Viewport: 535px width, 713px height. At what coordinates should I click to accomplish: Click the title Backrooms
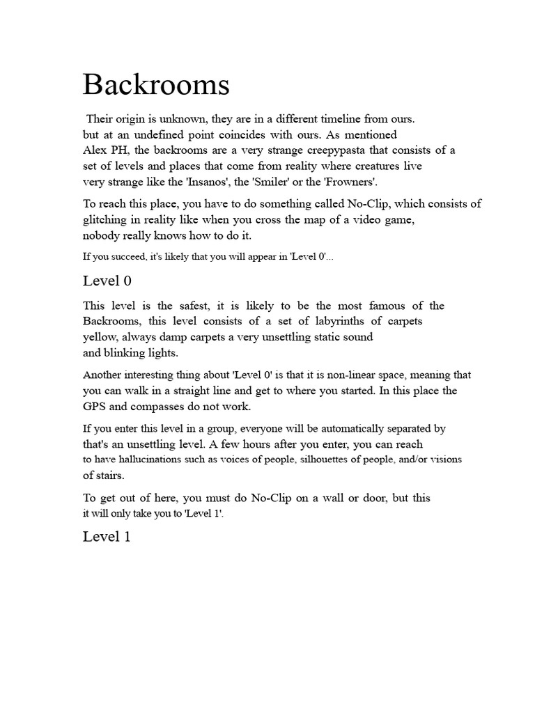(156, 86)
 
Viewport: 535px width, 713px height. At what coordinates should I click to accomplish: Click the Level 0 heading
(107, 281)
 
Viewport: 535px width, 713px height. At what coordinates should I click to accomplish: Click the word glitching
(109, 220)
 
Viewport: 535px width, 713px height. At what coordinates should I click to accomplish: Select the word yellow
(100, 338)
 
